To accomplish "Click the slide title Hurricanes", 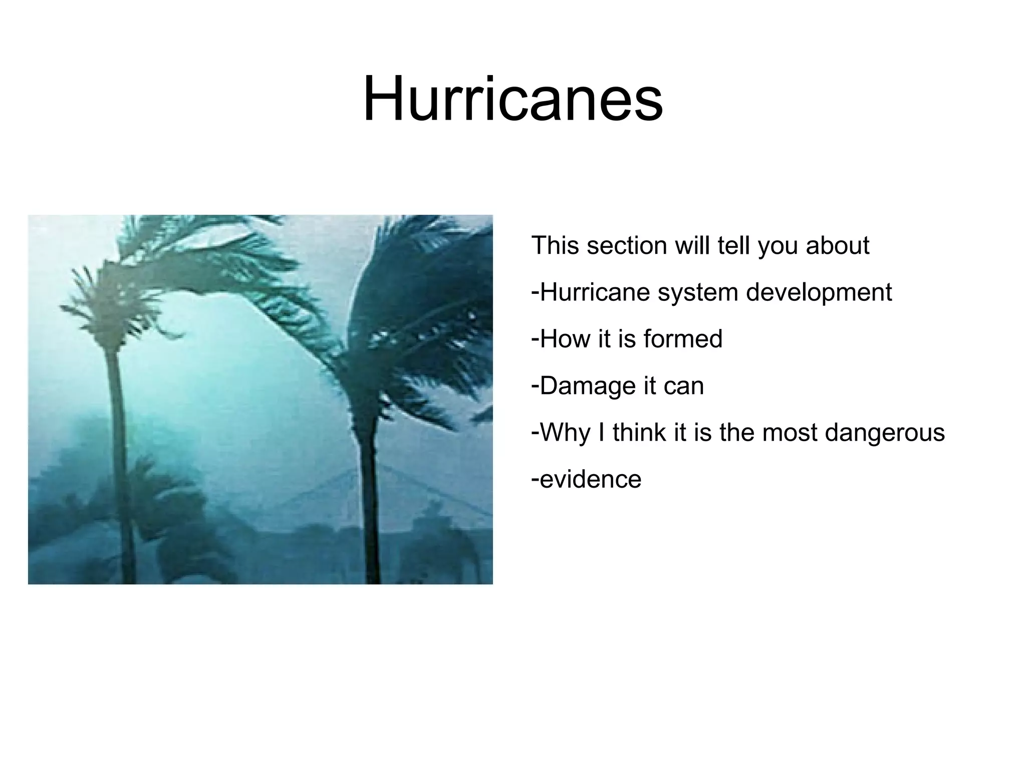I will pos(512,99).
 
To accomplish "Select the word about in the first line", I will pos(837,246).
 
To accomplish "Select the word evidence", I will pos(591,479).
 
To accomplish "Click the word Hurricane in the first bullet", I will pos(595,293).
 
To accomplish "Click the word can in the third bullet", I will pos(684,386).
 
